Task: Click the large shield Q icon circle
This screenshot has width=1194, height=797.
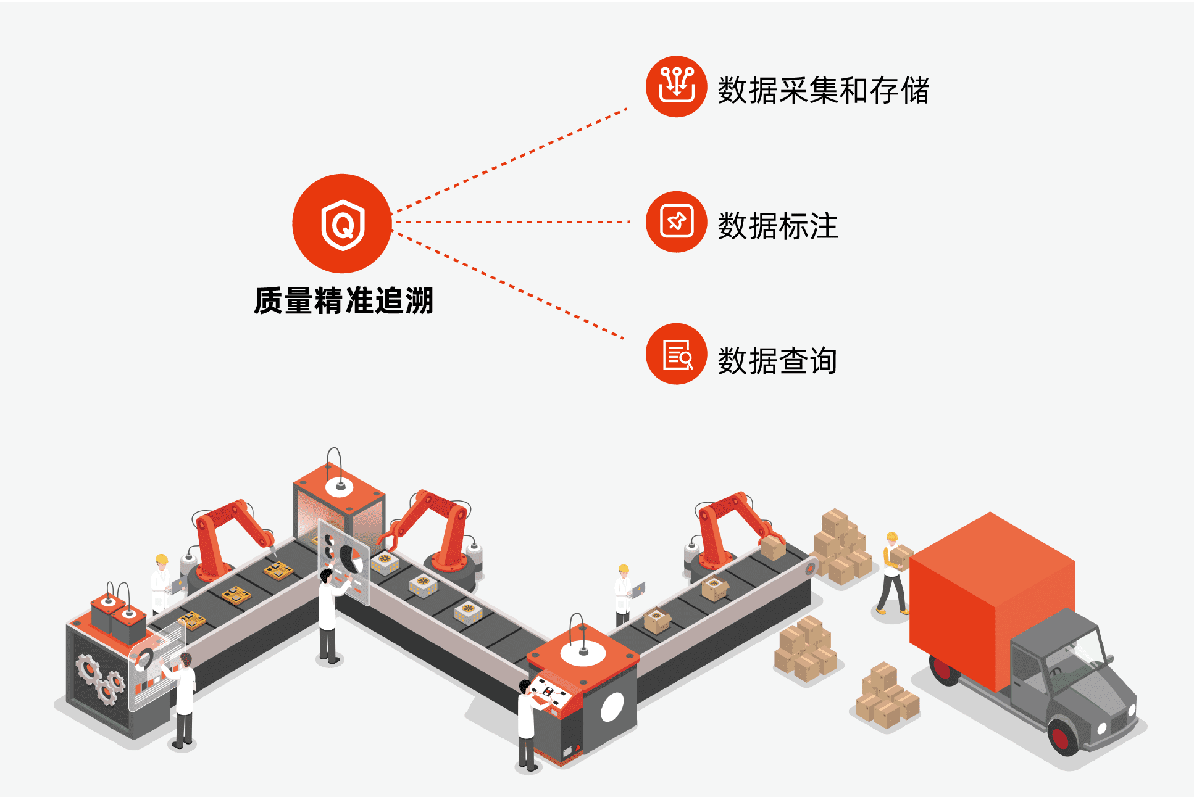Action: pyautogui.click(x=342, y=223)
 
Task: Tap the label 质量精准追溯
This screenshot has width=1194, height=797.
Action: pyautogui.click(x=344, y=301)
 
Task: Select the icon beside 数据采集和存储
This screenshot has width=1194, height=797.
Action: pyautogui.click(x=676, y=86)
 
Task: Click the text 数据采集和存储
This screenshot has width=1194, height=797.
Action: pyautogui.click(x=823, y=90)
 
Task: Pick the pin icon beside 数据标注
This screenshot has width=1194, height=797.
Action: pyautogui.click(x=676, y=221)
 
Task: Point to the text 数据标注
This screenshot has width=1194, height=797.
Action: pyautogui.click(x=778, y=226)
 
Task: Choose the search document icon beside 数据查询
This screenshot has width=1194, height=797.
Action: pyautogui.click(x=676, y=354)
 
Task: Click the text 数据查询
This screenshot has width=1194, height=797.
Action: pyautogui.click(x=778, y=361)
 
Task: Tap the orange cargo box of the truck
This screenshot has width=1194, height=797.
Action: pyautogui.click(x=992, y=601)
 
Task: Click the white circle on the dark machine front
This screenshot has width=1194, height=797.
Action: pyautogui.click(x=612, y=706)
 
